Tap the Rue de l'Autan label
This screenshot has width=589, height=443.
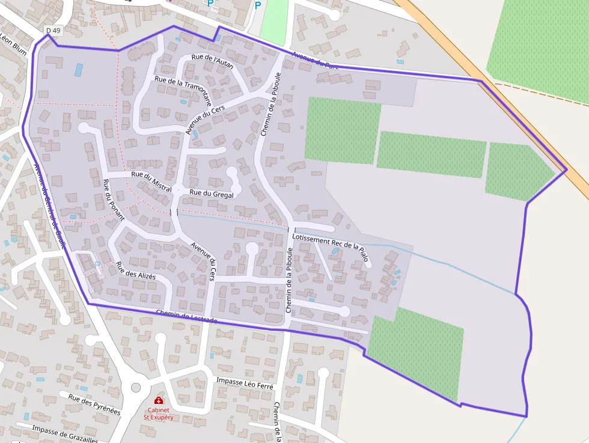tap(212, 61)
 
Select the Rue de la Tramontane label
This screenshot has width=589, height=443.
tap(183, 90)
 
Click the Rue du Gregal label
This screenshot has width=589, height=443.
tap(212, 193)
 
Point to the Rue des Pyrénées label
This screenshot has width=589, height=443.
tap(94, 404)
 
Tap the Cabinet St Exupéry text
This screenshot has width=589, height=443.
tap(158, 412)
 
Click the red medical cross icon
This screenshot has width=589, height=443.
tap(158, 400)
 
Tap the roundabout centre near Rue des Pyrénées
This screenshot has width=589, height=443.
tap(136, 387)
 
